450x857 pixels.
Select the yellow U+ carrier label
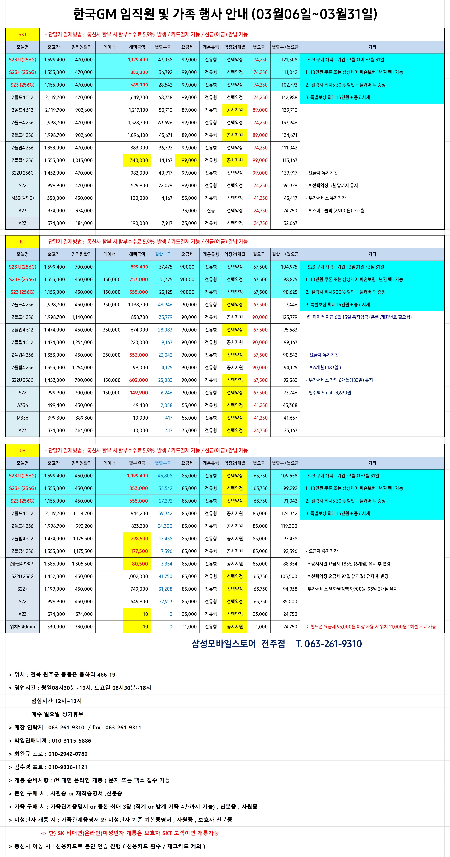click(22, 451)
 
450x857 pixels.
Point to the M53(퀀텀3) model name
click(22, 198)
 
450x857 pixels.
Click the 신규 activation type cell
click(211, 211)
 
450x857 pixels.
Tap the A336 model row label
click(22, 405)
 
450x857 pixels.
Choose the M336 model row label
click(22, 418)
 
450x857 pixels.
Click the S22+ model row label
click(22, 589)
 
